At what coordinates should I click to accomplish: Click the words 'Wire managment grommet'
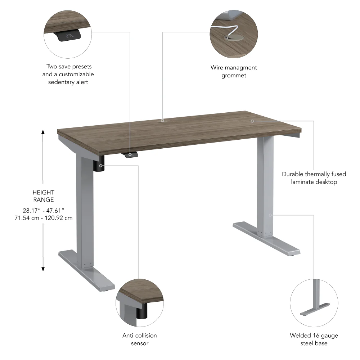234,71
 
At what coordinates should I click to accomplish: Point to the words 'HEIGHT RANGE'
43,196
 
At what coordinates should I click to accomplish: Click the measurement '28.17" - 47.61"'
43,210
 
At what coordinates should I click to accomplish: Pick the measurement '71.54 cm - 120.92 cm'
43,218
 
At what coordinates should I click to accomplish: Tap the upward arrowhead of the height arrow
43,132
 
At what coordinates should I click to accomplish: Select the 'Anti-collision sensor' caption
140,339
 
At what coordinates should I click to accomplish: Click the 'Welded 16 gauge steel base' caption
314,339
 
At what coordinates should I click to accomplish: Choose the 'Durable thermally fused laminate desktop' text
314,178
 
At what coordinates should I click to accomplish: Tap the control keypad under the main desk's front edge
131,154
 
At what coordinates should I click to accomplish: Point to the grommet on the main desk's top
162,121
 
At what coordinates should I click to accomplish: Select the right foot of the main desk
266,239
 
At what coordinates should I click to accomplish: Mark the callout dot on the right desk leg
270,215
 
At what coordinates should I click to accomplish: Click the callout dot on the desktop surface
252,121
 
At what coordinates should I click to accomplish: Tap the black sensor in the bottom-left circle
142,310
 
